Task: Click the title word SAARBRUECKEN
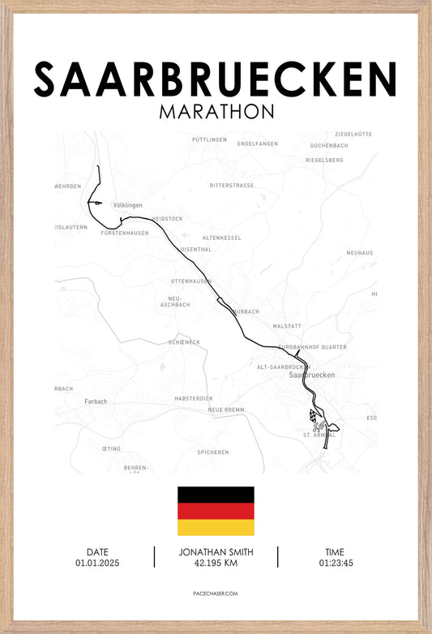[216, 79]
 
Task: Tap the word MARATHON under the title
[216, 110]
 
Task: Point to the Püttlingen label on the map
[209, 139]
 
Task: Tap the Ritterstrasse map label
[232, 186]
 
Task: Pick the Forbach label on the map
[96, 401]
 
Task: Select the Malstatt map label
[287, 326]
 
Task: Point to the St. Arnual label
[319, 435]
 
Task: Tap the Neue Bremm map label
[226, 410]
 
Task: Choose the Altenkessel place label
[222, 238]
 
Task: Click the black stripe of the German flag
[216, 495]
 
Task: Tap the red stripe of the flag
[216, 511]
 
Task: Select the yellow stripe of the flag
[216, 527]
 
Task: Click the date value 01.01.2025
[97, 563]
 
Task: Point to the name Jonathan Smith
[215, 552]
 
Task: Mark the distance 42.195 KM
[215, 563]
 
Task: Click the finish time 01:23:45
[336, 563]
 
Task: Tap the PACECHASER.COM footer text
[216, 593]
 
